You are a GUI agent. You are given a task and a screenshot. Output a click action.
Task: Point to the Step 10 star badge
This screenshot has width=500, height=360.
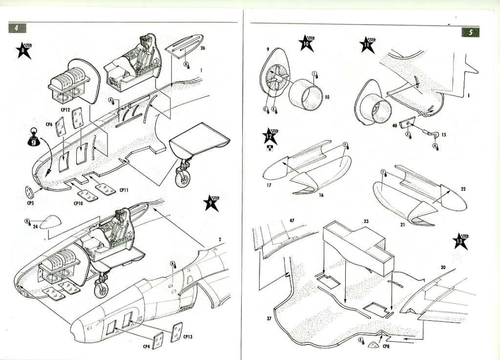tap(307, 43)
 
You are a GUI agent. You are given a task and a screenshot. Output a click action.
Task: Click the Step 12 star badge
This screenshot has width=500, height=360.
tap(270, 137)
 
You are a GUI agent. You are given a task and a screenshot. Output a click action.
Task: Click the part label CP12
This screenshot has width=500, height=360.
tap(67, 110)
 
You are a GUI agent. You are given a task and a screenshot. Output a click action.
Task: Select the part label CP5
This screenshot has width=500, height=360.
tap(30, 202)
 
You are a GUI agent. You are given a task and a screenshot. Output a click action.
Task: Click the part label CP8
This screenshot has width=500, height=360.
tap(386, 347)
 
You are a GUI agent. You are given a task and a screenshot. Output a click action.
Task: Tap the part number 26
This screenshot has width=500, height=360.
tap(203, 48)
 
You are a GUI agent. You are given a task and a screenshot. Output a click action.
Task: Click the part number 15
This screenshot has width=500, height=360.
tap(443, 135)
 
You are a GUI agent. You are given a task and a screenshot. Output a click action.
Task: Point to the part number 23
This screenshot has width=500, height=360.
tap(366, 221)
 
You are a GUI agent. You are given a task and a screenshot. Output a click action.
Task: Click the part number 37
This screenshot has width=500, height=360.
tap(269, 319)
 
